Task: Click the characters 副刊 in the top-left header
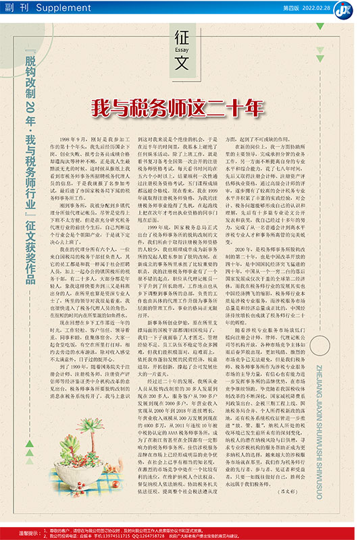(18, 7)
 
